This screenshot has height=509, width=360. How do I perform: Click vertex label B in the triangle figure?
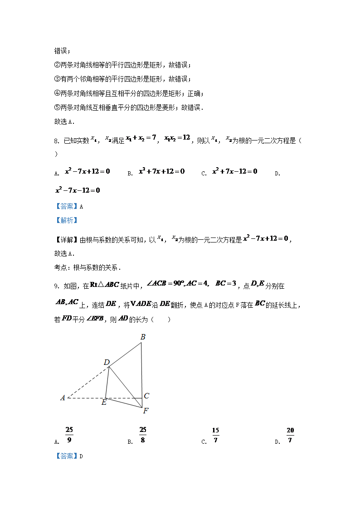tap(143, 337)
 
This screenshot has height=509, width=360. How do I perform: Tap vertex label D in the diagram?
tap(107, 362)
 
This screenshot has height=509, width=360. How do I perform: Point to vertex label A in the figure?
tap(63, 398)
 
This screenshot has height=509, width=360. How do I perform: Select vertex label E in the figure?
tap(104, 402)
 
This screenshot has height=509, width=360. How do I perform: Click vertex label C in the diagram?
tap(146, 396)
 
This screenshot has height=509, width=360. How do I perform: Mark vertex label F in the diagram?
tap(146, 411)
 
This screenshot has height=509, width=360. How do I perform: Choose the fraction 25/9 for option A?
tap(69, 435)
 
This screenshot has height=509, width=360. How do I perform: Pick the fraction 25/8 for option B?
tap(143, 435)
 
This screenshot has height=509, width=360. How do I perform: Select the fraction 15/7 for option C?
tap(215, 435)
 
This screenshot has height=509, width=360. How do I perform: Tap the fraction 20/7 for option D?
tap(290, 435)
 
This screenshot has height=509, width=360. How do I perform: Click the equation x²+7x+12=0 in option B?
tap(162, 171)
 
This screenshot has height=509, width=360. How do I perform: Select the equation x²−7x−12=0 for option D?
tap(77, 190)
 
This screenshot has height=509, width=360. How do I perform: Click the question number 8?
tap(56, 141)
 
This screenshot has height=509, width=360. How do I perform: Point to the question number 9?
tap(56, 286)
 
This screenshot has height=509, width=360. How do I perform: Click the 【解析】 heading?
tap(66, 221)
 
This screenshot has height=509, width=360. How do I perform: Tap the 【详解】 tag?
tap(66, 240)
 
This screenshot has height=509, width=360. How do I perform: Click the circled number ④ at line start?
tap(57, 94)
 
